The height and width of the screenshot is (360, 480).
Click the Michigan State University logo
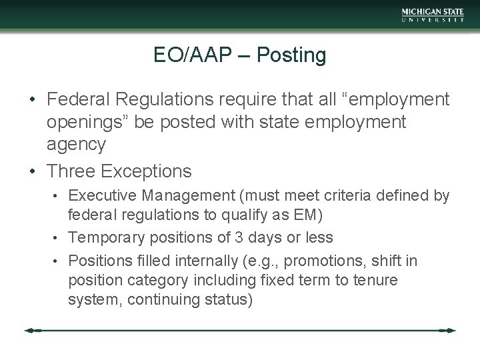433,15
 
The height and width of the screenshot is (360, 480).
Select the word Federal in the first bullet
79,100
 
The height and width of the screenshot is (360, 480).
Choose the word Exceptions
147,171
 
